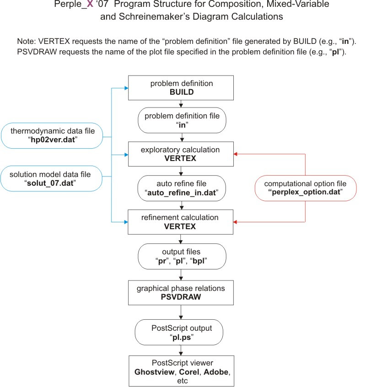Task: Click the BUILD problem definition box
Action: (x=181, y=88)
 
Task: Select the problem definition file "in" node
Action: (x=182, y=120)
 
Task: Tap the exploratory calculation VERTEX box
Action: (x=181, y=154)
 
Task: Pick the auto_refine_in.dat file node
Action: (x=182, y=188)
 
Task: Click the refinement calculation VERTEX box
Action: (x=180, y=222)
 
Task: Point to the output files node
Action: (x=182, y=256)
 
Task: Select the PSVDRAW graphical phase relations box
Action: (x=181, y=293)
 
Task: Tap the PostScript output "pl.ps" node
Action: (x=179, y=332)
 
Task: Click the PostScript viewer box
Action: (x=181, y=371)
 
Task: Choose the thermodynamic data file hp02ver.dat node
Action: (x=52, y=135)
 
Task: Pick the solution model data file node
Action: (x=51, y=178)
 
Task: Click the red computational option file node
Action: (x=306, y=188)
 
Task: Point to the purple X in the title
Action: (x=90, y=4)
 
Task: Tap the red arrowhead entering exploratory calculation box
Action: (x=236, y=154)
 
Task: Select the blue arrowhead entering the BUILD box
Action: (x=126, y=88)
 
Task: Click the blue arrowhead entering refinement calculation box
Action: (x=126, y=222)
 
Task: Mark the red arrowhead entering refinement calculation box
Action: (x=235, y=222)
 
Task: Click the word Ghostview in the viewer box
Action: (x=154, y=372)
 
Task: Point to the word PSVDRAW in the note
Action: (x=37, y=52)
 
